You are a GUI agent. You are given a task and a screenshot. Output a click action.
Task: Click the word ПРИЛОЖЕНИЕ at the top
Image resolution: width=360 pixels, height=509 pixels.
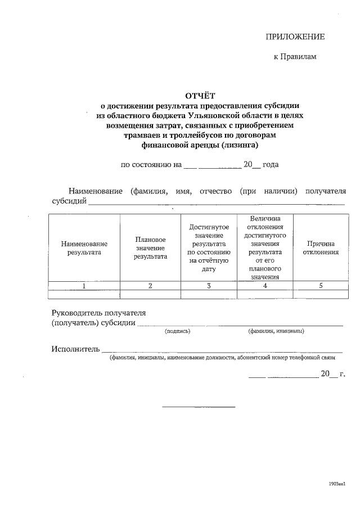295,37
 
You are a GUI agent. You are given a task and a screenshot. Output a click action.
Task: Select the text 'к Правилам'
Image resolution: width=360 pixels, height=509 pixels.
295,57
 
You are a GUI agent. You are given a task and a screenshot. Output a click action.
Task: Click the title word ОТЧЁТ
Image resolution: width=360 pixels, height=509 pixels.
200,95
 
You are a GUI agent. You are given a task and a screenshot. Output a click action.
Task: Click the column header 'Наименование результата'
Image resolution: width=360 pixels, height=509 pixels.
84,248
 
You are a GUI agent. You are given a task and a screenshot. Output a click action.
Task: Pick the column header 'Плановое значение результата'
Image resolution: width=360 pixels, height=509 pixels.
150,248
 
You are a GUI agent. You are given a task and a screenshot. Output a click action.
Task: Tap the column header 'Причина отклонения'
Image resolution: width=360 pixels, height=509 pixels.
321,248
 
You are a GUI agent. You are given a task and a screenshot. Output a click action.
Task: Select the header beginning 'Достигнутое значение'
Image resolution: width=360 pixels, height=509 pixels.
209,248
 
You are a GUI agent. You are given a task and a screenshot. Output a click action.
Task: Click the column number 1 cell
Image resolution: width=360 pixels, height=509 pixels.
84,286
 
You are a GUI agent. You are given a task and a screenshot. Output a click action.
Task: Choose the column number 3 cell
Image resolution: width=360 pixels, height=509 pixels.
209,286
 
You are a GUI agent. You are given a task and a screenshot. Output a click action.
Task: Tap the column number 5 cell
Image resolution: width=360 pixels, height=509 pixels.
321,286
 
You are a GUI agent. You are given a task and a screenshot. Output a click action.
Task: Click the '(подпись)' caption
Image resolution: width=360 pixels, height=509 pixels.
178,331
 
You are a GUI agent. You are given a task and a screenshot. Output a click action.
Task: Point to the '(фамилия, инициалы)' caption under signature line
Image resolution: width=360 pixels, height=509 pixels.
276,331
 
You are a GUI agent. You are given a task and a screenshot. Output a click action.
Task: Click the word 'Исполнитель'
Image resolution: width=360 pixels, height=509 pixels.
75,349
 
